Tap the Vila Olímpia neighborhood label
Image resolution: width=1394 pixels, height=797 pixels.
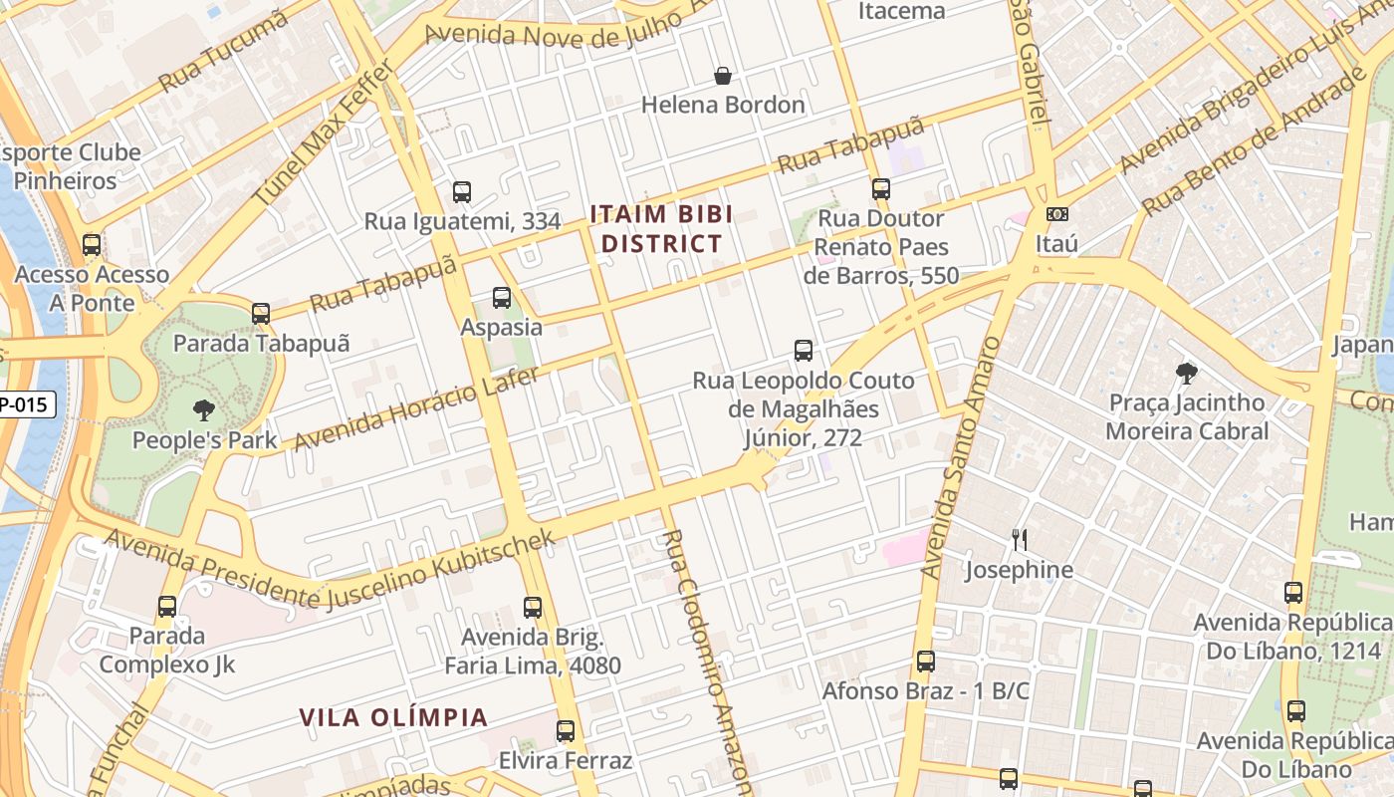[x=393, y=717]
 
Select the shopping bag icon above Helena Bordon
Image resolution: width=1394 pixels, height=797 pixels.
[x=723, y=76]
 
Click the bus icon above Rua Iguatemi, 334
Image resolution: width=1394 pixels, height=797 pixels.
[x=461, y=192]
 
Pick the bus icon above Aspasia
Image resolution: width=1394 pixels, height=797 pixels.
[x=502, y=297]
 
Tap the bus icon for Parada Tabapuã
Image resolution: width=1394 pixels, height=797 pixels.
[x=261, y=313]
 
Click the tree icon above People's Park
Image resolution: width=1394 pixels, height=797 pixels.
[x=204, y=409]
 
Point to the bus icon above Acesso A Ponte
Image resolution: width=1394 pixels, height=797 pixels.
[x=92, y=244]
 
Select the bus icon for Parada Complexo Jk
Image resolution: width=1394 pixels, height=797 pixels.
[x=167, y=606]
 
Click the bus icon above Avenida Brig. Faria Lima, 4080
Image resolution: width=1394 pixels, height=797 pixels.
[x=533, y=607]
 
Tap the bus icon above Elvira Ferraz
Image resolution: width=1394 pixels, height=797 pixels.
[x=566, y=731]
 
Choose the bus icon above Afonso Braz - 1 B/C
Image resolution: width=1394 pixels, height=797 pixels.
[x=926, y=661]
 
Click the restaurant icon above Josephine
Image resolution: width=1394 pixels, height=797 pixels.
[x=1019, y=540]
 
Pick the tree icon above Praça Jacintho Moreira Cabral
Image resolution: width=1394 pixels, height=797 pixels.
[x=1186, y=374]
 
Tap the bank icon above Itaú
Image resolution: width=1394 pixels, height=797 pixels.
[x=1056, y=214]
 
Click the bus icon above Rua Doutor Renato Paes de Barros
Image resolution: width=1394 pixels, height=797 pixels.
[x=880, y=188]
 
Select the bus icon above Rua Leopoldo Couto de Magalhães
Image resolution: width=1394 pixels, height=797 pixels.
[x=804, y=351]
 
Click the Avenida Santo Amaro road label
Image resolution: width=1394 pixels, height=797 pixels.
[x=959, y=458]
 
